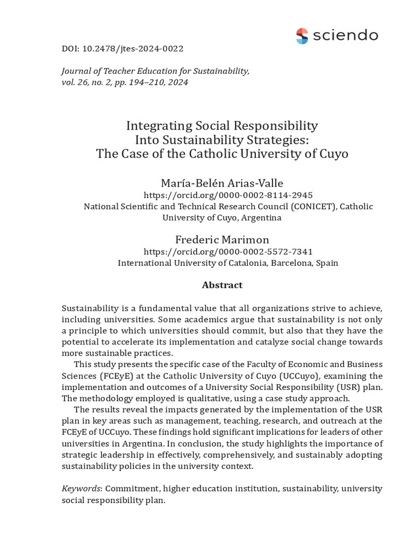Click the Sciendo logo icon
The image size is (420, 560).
coord(302,36)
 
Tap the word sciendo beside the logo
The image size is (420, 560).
coord(345,36)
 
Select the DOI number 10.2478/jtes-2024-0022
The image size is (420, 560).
coord(132,49)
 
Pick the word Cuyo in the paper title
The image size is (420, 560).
coord(332,153)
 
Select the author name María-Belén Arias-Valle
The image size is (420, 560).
coord(221,183)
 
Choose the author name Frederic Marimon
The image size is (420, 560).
coord(222,240)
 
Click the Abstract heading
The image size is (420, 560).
coord(222,285)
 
